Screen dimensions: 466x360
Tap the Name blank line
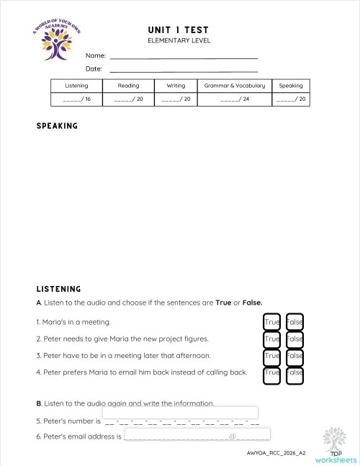[183, 55]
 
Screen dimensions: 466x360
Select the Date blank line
[183, 69]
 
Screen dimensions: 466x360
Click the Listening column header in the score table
[76, 86]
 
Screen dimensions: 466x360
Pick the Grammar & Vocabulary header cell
[234, 86]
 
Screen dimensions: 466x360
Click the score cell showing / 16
[76, 99]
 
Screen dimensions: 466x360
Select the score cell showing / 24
[234, 99]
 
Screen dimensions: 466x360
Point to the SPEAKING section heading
[57, 126]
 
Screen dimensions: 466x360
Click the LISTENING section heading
[58, 289]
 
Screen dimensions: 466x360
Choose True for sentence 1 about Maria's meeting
[271, 322]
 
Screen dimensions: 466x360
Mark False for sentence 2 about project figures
[294, 339]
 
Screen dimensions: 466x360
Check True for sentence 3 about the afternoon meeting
[271, 356]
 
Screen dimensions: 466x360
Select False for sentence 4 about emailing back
[294, 373]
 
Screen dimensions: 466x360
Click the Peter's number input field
[180, 413]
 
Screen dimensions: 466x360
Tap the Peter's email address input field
[197, 434]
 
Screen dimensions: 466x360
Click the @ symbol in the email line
[233, 436]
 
